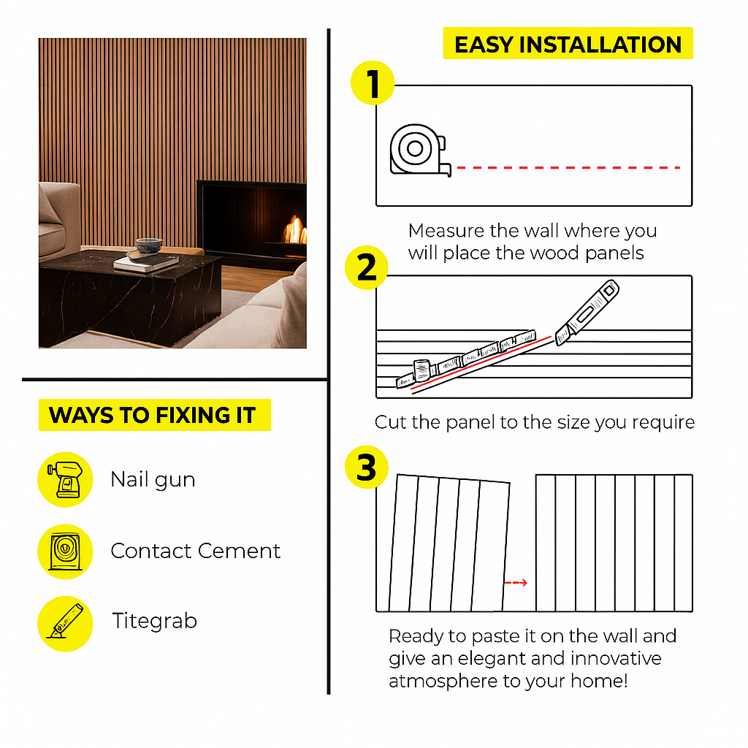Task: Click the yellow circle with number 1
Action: tap(373, 83)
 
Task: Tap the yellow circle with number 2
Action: tap(367, 267)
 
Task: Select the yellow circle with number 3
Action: tap(367, 467)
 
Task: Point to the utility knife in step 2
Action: tap(587, 312)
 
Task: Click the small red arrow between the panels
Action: tap(516, 582)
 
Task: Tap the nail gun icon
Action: tap(65, 479)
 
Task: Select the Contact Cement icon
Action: tap(65, 552)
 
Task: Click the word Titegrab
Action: tap(155, 622)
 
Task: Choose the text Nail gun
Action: tap(153, 480)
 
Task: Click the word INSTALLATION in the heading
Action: tap(600, 45)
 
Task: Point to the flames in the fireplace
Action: tap(295, 230)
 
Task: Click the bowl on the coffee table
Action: tap(149, 245)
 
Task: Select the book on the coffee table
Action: tap(146, 262)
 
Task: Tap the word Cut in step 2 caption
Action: tap(391, 422)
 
